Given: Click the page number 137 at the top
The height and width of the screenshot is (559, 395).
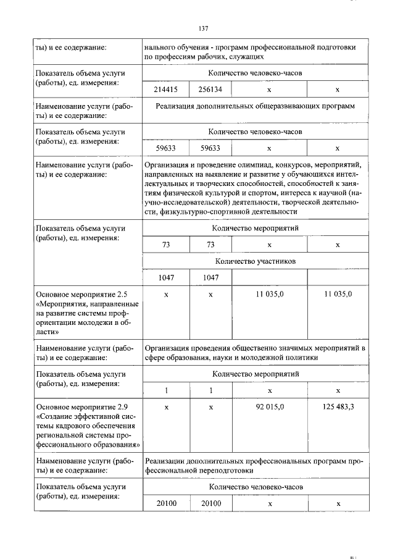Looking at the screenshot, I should click(204, 29).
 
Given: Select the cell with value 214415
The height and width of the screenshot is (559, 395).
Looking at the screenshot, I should click(165, 90).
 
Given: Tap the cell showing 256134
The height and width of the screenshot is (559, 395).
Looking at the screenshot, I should click(210, 90).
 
